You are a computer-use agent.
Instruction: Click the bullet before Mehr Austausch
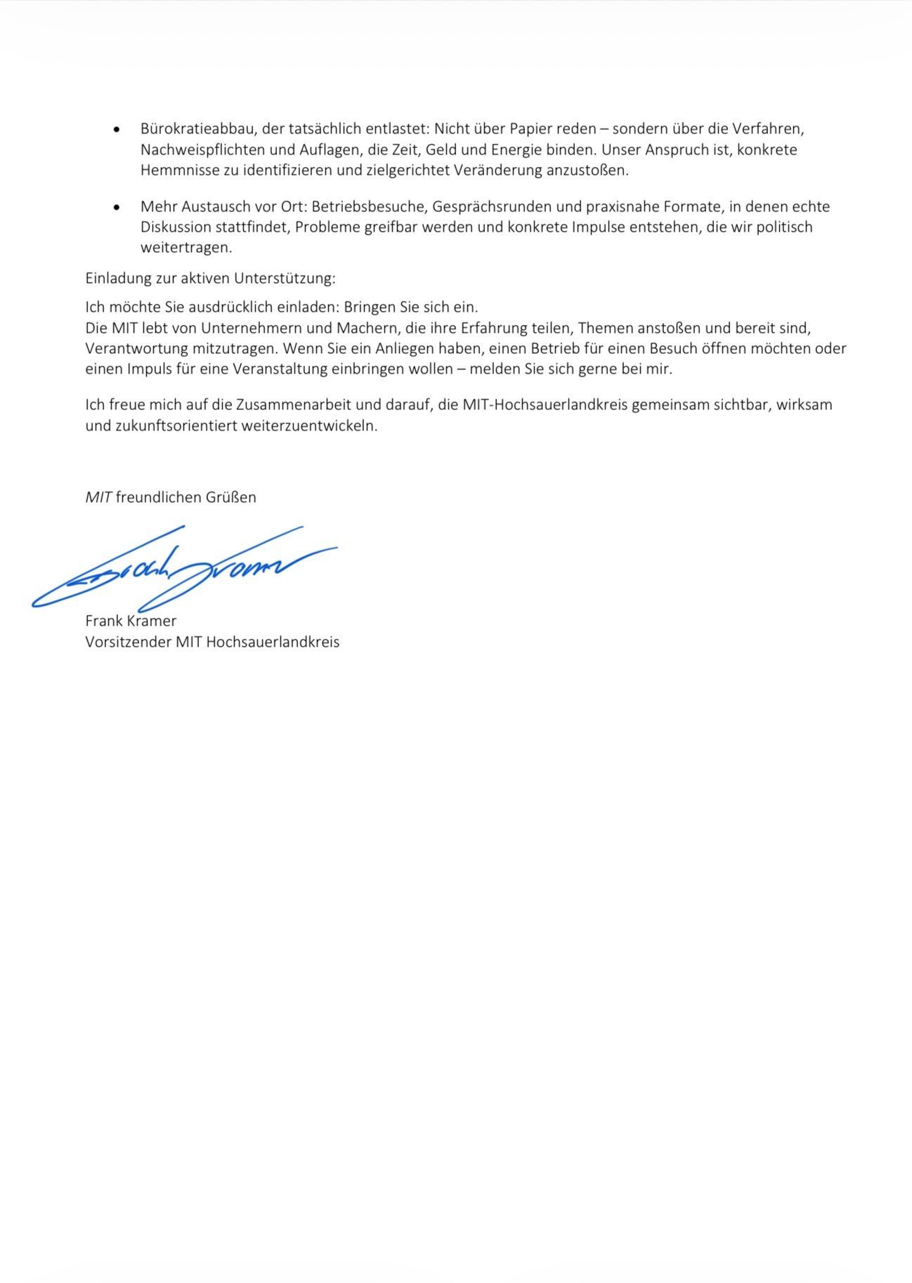[117, 207]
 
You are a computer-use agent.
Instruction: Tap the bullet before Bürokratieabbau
[117, 130]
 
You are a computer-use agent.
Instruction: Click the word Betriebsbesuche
[369, 207]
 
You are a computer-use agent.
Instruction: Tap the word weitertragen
[185, 248]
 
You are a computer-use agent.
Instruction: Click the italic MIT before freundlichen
[98, 497]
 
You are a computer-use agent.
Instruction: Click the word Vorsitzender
[129, 642]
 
